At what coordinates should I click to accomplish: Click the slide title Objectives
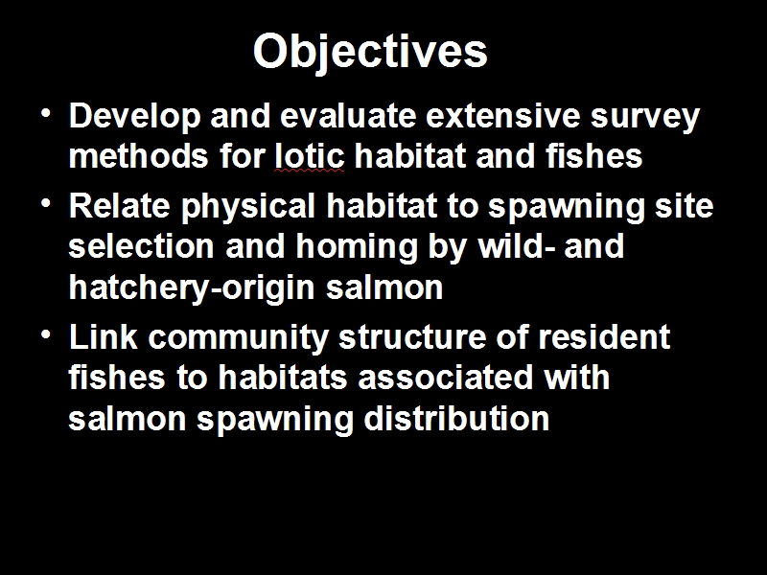point(370,53)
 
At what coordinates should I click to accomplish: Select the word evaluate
point(348,116)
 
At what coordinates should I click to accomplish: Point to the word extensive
point(503,116)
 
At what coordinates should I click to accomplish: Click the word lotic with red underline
point(310,156)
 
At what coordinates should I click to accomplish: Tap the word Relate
point(119,205)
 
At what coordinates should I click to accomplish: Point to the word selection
point(141,245)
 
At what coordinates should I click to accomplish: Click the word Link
point(104,336)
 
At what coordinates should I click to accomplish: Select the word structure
point(412,336)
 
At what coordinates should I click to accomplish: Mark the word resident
point(604,336)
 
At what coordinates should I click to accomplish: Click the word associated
point(445,378)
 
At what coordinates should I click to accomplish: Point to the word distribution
point(456,418)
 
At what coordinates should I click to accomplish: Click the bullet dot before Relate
point(46,202)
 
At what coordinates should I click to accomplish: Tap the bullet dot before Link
point(46,333)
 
